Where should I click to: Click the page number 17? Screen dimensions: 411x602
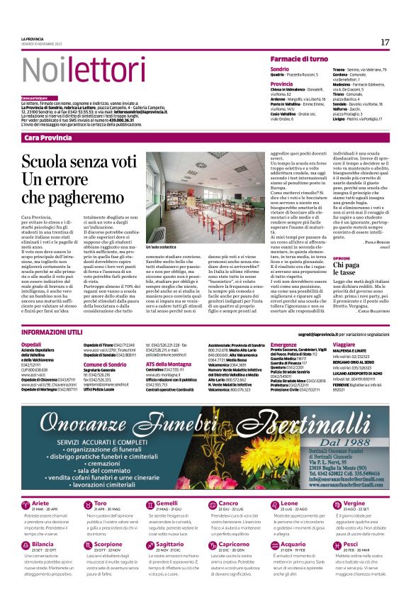pos(385,43)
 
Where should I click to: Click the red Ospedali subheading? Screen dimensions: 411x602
pos(31,344)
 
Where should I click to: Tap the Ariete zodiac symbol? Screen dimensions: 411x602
pos(26,505)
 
